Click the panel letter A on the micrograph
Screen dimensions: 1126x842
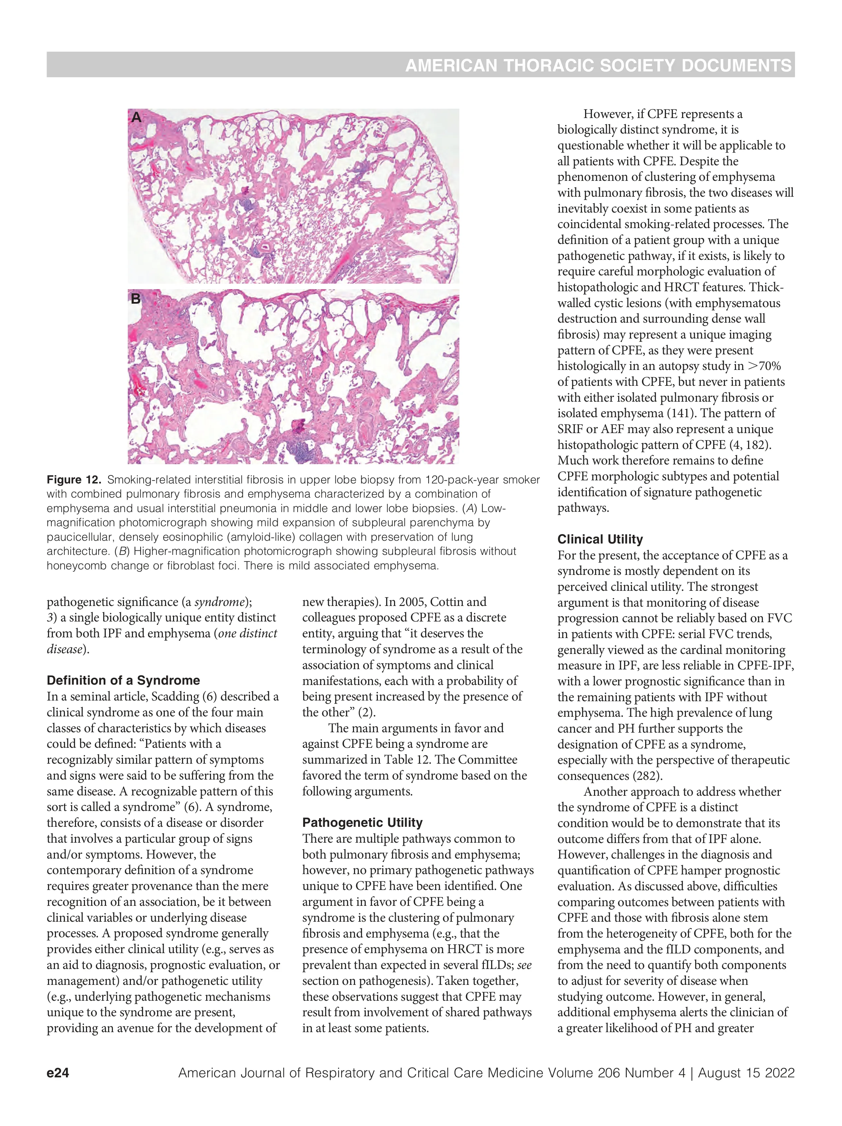pyautogui.click(x=136, y=118)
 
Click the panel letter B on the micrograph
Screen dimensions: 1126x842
pyautogui.click(x=135, y=298)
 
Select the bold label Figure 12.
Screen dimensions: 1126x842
pyautogui.click(x=74, y=480)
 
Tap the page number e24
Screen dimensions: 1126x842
pyautogui.click(x=58, y=1073)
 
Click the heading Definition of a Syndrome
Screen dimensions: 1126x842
pyautogui.click(x=123, y=681)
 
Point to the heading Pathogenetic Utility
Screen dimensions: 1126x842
pyautogui.click(x=362, y=823)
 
